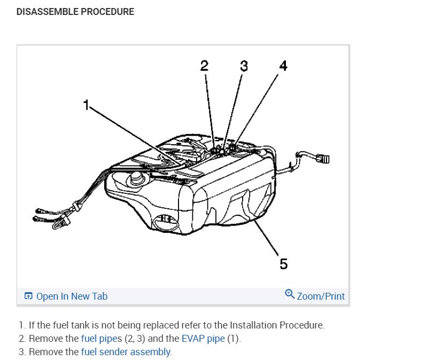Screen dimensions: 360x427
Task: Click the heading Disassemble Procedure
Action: [75, 11]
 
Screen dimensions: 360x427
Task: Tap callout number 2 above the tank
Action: [204, 66]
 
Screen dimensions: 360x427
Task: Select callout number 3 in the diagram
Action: [244, 66]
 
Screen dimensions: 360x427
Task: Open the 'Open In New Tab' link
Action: [72, 296]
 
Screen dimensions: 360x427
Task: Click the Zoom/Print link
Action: [321, 296]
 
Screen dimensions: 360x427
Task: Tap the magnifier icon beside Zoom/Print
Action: [290, 294]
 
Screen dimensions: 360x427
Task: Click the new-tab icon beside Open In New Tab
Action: [28, 296]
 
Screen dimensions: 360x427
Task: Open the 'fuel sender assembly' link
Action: [126, 351]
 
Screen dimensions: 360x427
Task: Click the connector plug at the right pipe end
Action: [324, 158]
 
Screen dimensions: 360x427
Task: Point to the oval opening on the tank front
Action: [164, 220]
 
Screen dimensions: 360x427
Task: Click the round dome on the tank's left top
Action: [136, 177]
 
